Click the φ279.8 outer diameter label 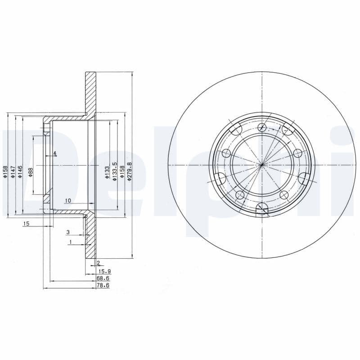pos(130,171)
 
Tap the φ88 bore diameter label pos(31,172)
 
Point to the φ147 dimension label pos(13,172)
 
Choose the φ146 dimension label pos(20,172)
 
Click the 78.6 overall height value pos(103,285)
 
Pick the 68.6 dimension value pos(103,279)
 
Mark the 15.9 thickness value pos(105,271)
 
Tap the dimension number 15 pos(27,223)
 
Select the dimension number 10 pos(68,201)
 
